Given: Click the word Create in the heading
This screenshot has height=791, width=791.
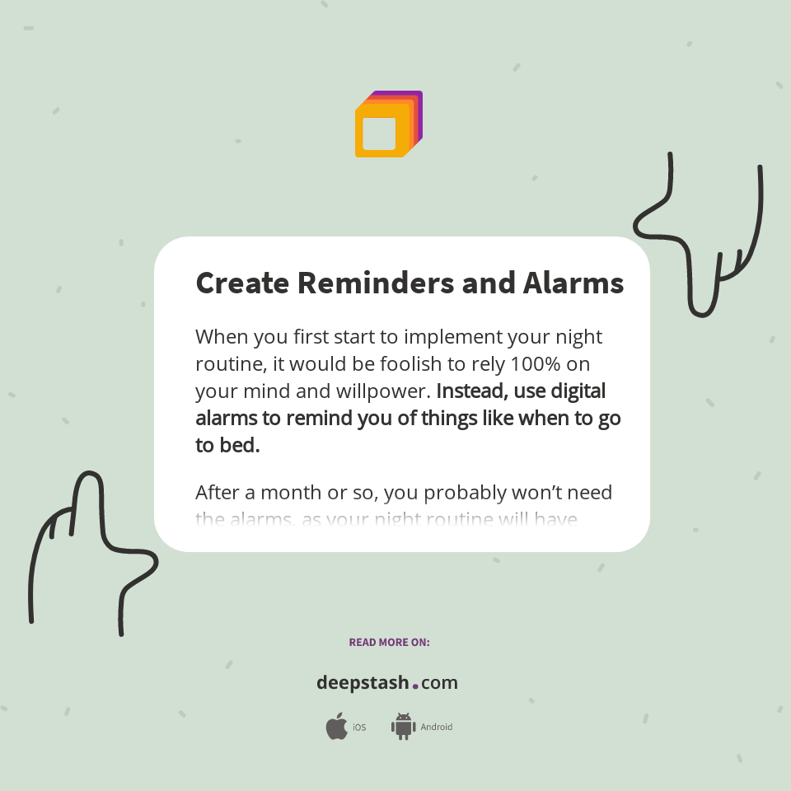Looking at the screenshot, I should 242,283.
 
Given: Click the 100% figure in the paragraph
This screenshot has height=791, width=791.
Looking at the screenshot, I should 538,363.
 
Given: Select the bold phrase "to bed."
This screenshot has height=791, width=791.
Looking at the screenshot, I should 227,445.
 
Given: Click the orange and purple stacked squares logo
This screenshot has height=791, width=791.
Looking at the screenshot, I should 388,124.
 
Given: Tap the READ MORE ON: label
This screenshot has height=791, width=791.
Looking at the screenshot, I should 389,642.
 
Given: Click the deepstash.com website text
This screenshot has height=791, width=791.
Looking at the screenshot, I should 387,683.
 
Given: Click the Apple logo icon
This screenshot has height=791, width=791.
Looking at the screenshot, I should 336,727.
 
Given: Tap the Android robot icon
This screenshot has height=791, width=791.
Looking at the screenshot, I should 403,727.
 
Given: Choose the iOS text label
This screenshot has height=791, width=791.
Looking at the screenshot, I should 359,728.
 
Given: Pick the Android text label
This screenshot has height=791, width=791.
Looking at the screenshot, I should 436,728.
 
